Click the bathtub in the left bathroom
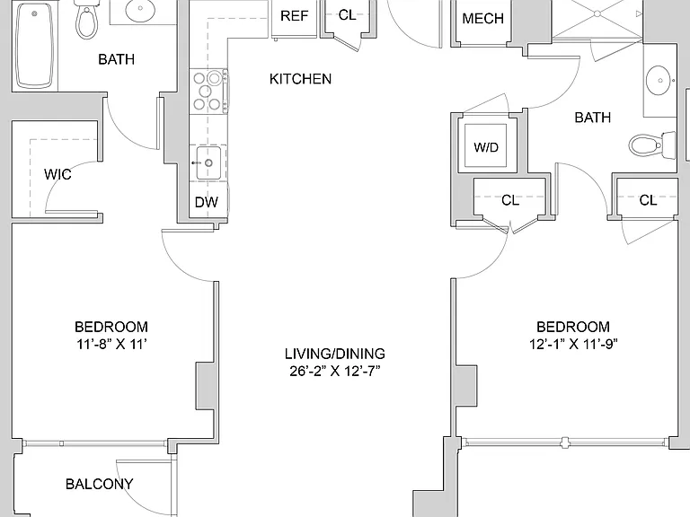(35, 45)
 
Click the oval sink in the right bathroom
(659, 81)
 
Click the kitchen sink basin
(208, 163)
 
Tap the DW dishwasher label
(207, 202)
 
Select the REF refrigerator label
(294, 16)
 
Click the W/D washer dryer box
(486, 146)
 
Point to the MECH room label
(482, 19)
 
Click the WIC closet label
(57, 174)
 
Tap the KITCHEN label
(301, 79)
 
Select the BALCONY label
(100, 484)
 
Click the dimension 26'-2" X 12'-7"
(335, 371)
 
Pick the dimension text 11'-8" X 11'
(111, 344)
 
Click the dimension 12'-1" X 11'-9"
(573, 344)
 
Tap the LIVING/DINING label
(335, 354)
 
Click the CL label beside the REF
(347, 15)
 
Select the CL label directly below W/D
(510, 200)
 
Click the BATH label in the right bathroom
(593, 118)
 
